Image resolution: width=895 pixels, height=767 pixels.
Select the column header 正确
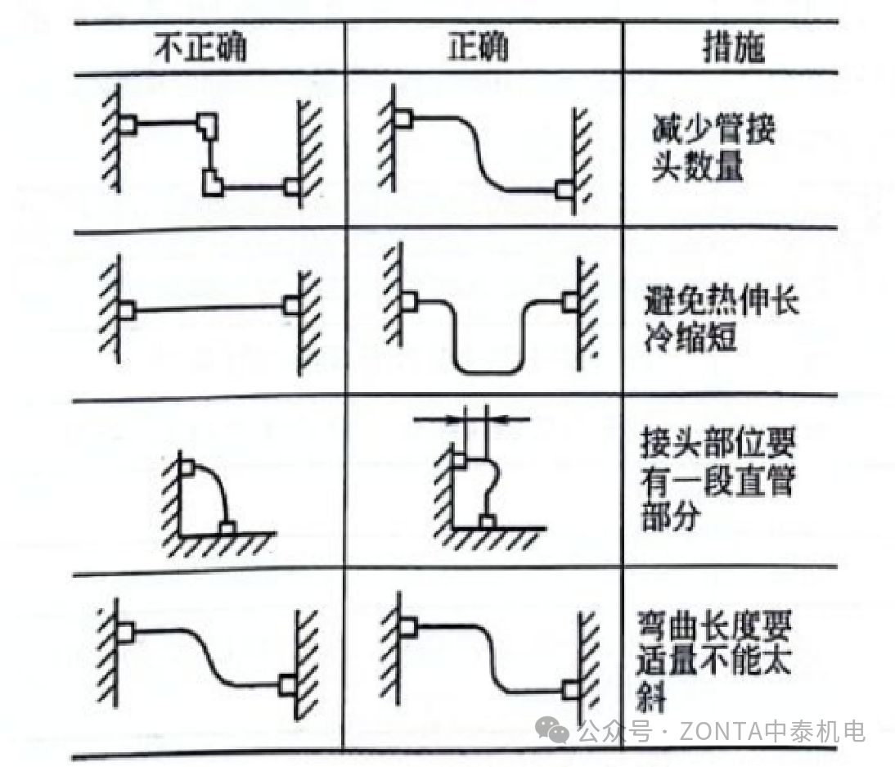pyautogui.click(x=478, y=47)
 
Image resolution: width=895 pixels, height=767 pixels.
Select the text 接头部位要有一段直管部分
pyautogui.click(x=717, y=482)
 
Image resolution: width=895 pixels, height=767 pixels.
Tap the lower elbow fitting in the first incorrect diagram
pyautogui.click(x=214, y=182)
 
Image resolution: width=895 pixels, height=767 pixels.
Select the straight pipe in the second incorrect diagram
pyautogui.click(x=209, y=309)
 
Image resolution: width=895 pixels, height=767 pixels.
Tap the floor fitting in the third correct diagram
pyautogui.click(x=488, y=521)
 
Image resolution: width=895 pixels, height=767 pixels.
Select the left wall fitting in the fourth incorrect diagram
pyautogui.click(x=124, y=633)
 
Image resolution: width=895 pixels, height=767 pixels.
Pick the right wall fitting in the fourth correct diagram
pyautogui.click(x=570, y=689)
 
